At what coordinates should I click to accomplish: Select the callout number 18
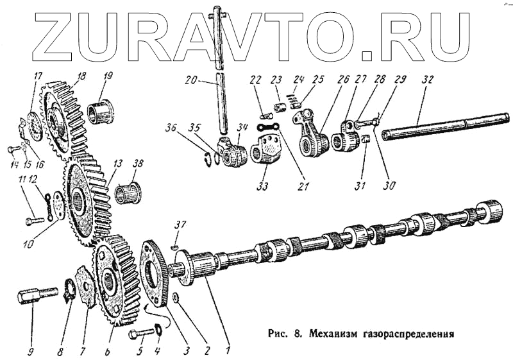(81, 76)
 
